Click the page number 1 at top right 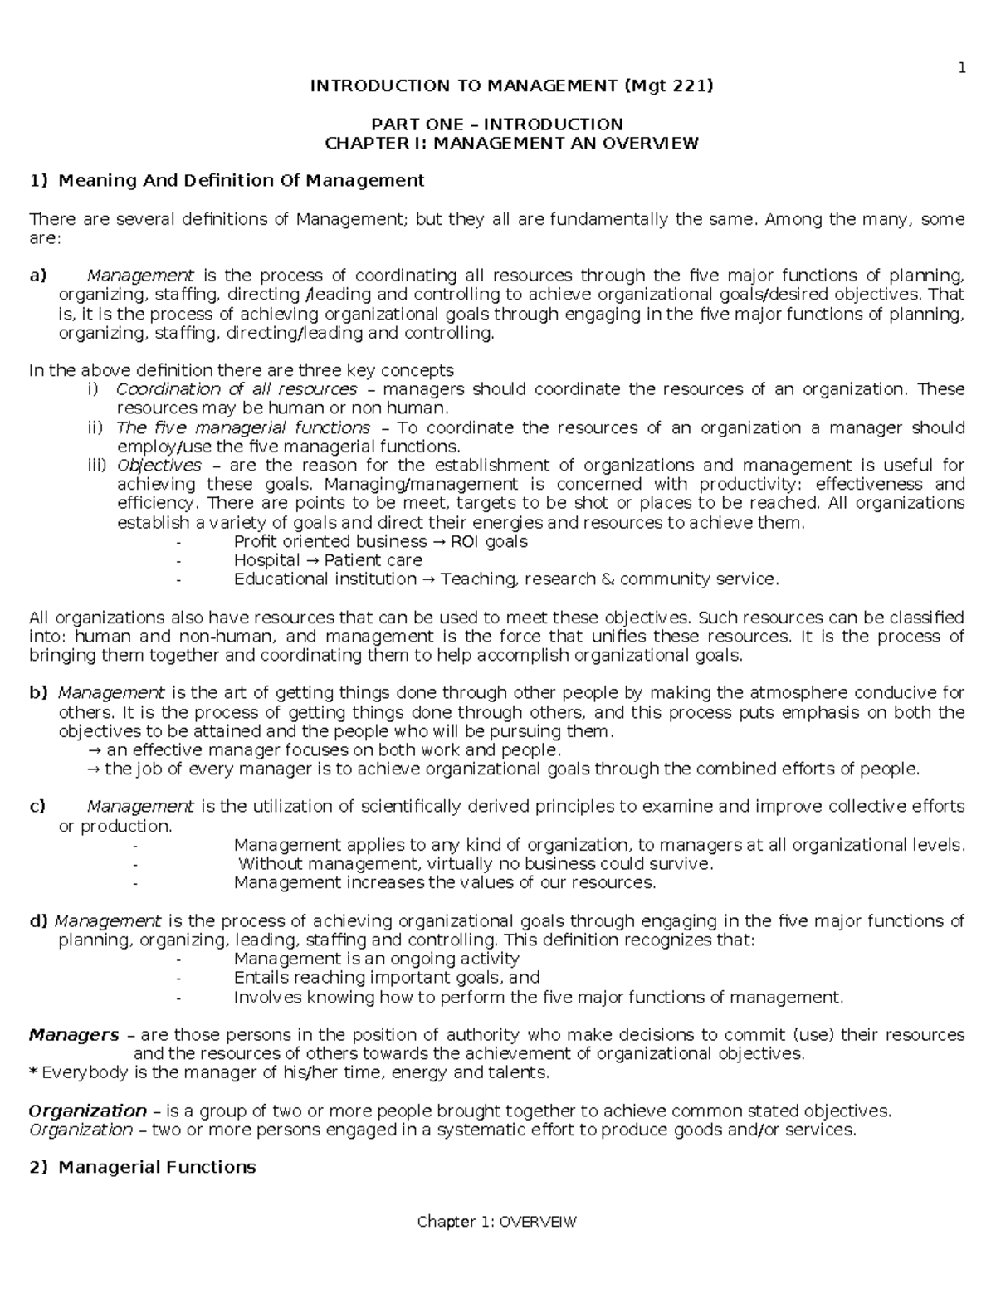pyautogui.click(x=961, y=68)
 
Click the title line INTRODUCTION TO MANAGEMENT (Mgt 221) pyautogui.click(x=511, y=85)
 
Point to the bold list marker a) pyautogui.click(x=38, y=276)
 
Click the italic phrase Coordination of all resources pyautogui.click(x=237, y=389)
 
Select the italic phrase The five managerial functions pyautogui.click(x=243, y=427)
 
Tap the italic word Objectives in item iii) pyautogui.click(x=159, y=466)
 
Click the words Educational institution pyautogui.click(x=325, y=579)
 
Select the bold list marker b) pyautogui.click(x=38, y=693)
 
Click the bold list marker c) pyautogui.click(x=37, y=807)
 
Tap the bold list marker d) pyautogui.click(x=39, y=921)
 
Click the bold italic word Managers pyautogui.click(x=74, y=1035)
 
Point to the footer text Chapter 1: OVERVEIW pyautogui.click(x=496, y=1223)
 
